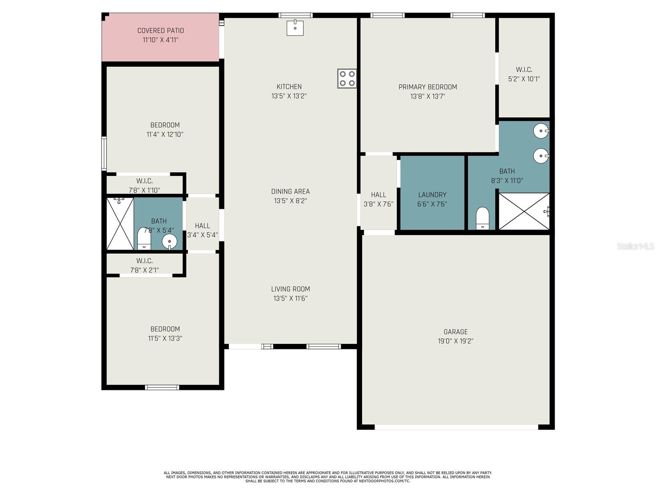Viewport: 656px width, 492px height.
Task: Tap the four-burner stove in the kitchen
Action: coord(347,78)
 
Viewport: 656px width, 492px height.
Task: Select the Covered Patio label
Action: coord(160,31)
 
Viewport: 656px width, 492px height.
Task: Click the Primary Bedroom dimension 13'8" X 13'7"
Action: coord(428,96)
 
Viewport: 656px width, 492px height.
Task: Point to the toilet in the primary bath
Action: coord(483,218)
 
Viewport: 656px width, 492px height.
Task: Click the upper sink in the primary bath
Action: coord(541,131)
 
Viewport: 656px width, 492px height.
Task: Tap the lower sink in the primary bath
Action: coord(541,156)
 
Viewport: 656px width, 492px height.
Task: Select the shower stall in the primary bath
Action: coord(524,211)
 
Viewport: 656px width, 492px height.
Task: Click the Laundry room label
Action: coord(432,195)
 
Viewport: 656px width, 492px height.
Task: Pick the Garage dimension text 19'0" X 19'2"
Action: coord(456,341)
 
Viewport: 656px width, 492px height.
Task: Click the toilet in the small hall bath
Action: coord(144,238)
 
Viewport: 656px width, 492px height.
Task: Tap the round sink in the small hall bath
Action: coord(169,241)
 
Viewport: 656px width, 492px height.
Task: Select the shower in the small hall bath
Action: coord(120,223)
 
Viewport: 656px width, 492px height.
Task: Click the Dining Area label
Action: coord(290,191)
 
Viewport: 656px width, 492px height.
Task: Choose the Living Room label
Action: coord(290,289)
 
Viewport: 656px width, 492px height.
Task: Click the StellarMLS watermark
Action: coord(635,246)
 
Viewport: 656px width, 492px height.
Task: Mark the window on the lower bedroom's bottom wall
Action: coord(162,387)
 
